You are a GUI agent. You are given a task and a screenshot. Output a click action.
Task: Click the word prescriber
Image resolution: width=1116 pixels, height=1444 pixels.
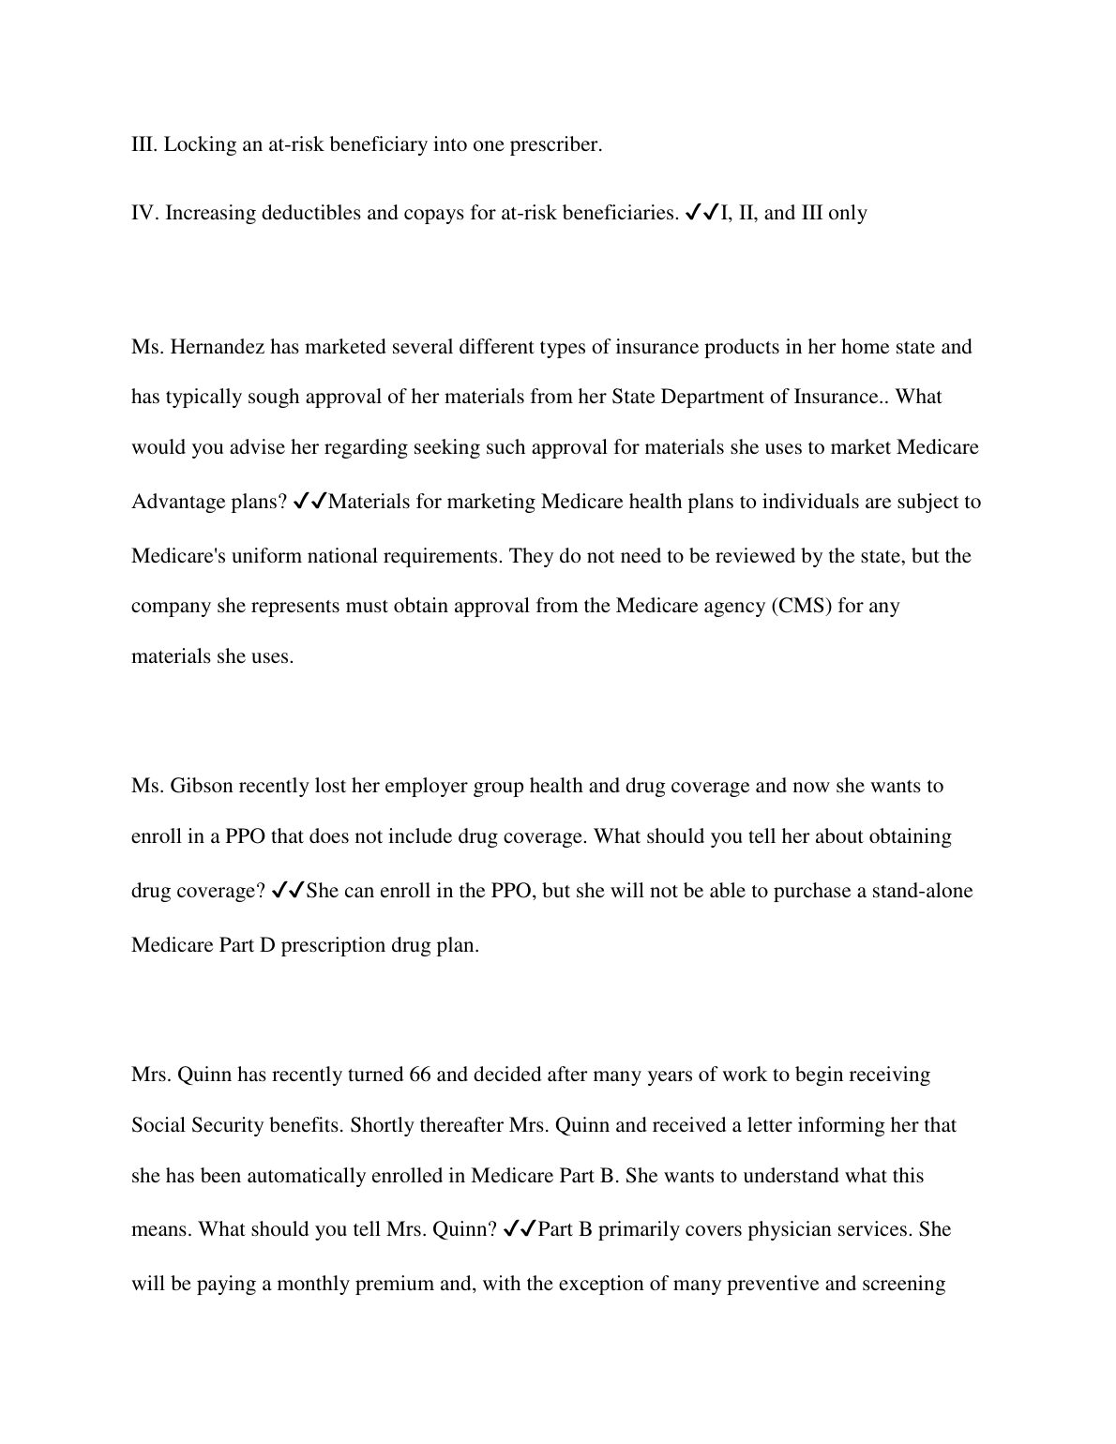point(555,145)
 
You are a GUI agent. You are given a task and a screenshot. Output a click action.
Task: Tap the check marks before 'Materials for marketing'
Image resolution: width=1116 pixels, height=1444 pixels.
point(309,502)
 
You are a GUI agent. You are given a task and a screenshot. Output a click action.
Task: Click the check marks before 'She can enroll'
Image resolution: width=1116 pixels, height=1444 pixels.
point(287,891)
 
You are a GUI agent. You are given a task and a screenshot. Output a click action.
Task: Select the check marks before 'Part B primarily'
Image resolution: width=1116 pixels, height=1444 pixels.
point(520,1228)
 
